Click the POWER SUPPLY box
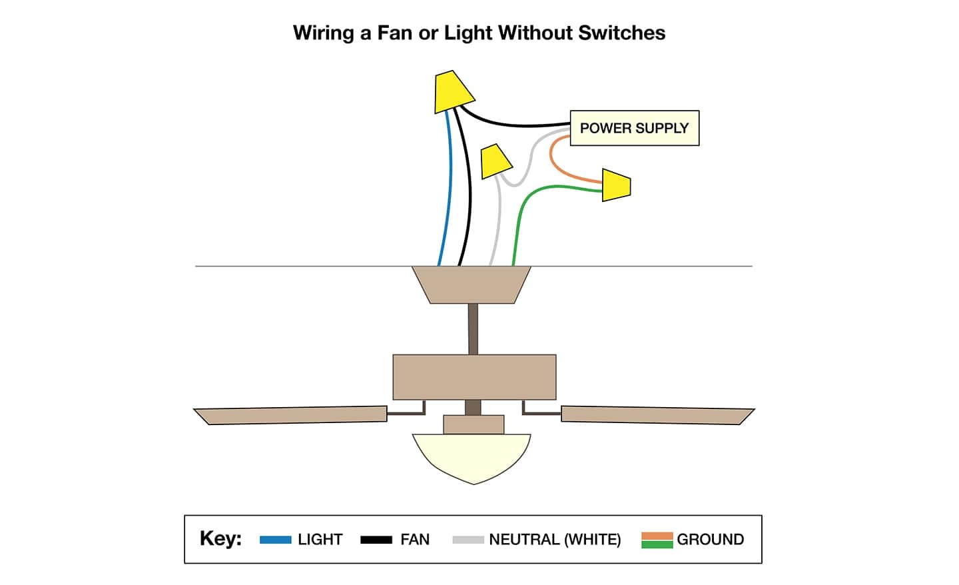tap(634, 128)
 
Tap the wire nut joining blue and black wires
tap(452, 92)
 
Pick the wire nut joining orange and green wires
tap(617, 185)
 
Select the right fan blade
tap(656, 414)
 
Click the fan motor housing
tap(474, 376)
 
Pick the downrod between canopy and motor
tap(473, 328)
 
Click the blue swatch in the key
tap(275, 540)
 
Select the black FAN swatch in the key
tap(376, 540)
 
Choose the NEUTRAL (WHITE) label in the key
tap(555, 540)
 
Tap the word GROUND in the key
tap(710, 540)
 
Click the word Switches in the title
tap(622, 33)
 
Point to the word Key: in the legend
tap(220, 538)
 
